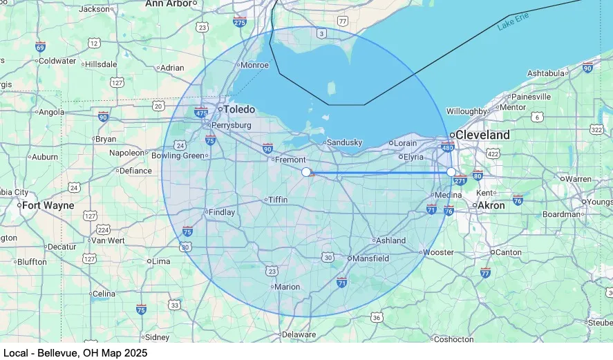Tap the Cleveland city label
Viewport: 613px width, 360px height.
pos(483,135)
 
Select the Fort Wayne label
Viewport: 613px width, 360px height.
pos(48,205)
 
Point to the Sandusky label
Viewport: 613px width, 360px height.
pos(344,142)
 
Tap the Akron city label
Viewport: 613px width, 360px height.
pos(491,205)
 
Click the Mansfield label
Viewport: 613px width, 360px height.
pos(371,258)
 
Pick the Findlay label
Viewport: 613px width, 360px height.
pos(222,212)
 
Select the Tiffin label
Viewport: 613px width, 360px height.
pos(278,200)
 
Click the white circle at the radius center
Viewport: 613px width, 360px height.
pos(306,171)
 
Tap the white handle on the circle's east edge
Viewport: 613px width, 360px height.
pos(451,171)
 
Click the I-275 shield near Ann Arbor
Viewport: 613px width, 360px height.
pos(240,22)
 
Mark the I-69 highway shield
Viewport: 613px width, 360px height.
pos(41,47)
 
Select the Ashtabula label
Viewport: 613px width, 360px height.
pos(546,73)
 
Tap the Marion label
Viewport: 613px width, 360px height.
pos(287,287)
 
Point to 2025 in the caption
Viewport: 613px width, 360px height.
pos(135,353)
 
